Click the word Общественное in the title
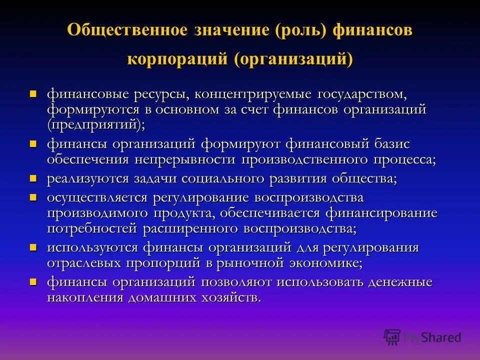[x=127, y=29]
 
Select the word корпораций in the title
[x=177, y=58]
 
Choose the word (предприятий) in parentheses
[x=95, y=124]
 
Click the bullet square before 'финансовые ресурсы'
[x=33, y=93]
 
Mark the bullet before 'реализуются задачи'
[x=33, y=178]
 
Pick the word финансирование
[x=381, y=213]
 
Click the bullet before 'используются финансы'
[x=33, y=247]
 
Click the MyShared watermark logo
[x=422, y=337]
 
